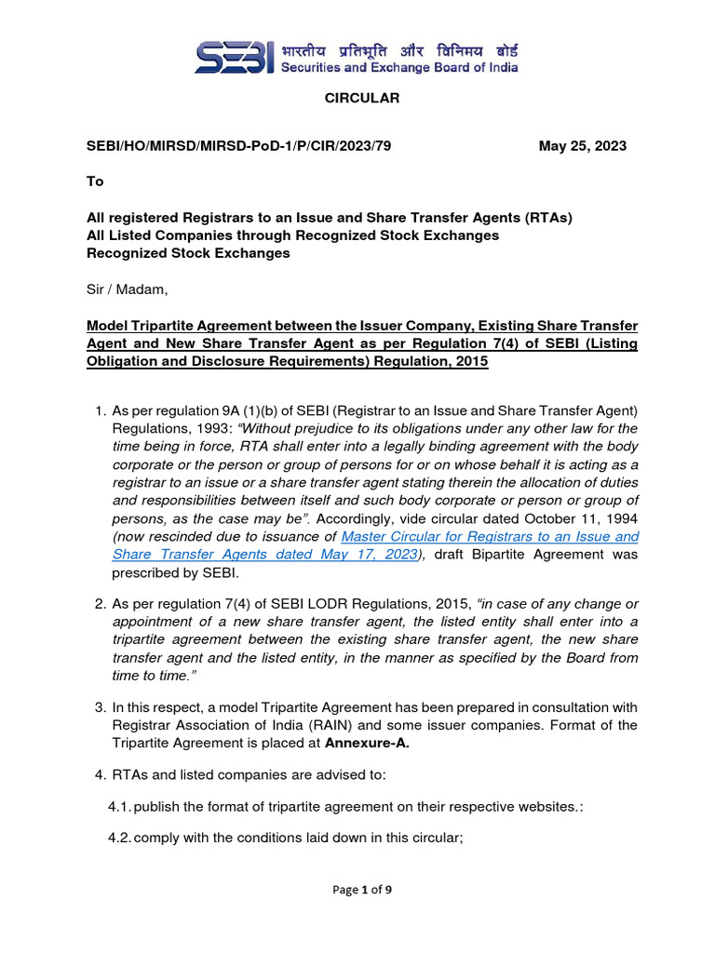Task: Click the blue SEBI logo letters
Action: pos(234,57)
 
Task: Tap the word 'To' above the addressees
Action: pos(95,181)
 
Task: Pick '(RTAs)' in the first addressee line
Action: pos(548,218)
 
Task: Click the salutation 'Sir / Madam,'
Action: pos(128,289)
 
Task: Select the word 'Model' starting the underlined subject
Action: pos(106,326)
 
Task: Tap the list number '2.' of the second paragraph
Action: pos(101,604)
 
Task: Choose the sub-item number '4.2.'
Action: pos(120,837)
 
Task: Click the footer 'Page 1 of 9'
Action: pos(362,890)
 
